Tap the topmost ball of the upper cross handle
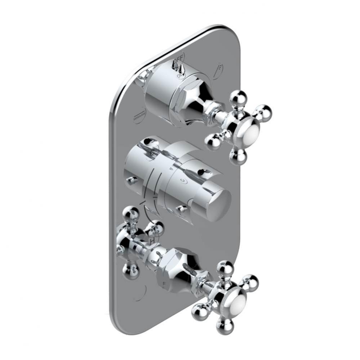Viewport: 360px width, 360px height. point(238,98)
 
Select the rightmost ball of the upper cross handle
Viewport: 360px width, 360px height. point(263,113)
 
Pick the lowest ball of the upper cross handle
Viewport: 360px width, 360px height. point(238,157)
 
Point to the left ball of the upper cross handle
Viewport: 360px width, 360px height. point(213,142)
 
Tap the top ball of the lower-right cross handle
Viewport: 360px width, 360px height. point(226,269)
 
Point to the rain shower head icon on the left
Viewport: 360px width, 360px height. point(139,116)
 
